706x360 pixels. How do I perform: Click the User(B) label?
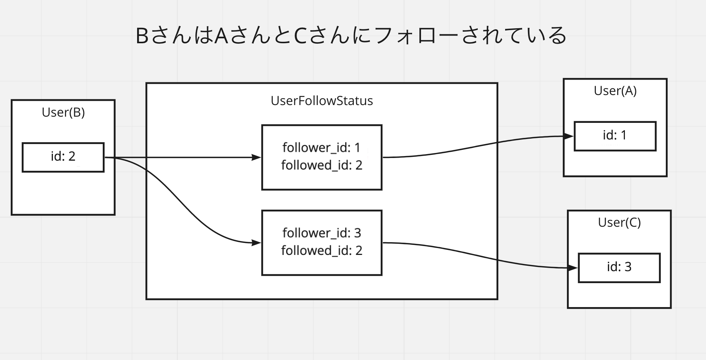pos(63,112)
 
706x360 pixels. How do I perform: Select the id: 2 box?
pos(63,157)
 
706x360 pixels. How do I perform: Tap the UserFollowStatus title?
pos(322,101)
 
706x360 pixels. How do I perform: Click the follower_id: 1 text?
pos(321,148)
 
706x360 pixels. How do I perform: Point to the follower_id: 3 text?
pos(321,233)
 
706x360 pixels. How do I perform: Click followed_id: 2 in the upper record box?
pos(321,165)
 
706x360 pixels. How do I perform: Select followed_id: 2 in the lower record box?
pos(321,251)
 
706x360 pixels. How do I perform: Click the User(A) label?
pos(615,91)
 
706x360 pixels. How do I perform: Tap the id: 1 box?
pos(615,136)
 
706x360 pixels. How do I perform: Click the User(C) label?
pos(619,222)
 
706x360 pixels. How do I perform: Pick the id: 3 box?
pos(619,267)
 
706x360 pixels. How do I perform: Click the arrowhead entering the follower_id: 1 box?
pos(256,157)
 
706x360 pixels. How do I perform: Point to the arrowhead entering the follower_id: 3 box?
pos(256,243)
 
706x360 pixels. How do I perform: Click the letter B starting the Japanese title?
pos(142,36)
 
